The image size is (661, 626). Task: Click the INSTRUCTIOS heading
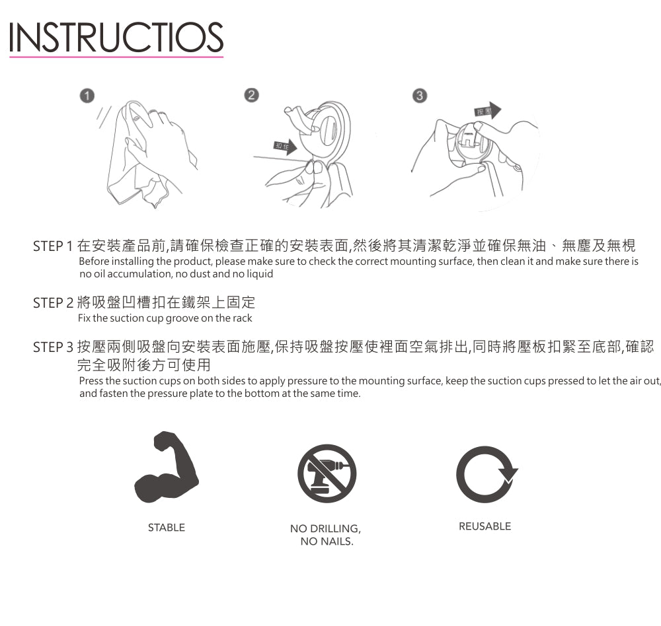click(116, 37)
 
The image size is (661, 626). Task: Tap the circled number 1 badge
click(87, 96)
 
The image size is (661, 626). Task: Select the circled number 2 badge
click(251, 95)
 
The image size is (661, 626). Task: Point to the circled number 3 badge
click(420, 96)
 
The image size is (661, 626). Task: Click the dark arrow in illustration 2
click(286, 147)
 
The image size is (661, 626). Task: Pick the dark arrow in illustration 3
click(488, 111)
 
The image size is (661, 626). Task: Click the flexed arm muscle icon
click(167, 467)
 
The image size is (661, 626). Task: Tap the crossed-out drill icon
click(327, 473)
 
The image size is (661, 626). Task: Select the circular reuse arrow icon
click(486, 474)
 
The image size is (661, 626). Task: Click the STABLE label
click(167, 528)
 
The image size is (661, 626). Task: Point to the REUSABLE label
click(485, 526)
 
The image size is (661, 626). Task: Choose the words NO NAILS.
click(327, 541)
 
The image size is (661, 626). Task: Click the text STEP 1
click(53, 246)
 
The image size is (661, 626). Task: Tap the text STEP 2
click(53, 303)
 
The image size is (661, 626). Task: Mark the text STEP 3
click(53, 347)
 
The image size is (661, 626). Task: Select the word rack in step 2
click(242, 318)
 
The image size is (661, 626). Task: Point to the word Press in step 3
click(91, 381)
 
